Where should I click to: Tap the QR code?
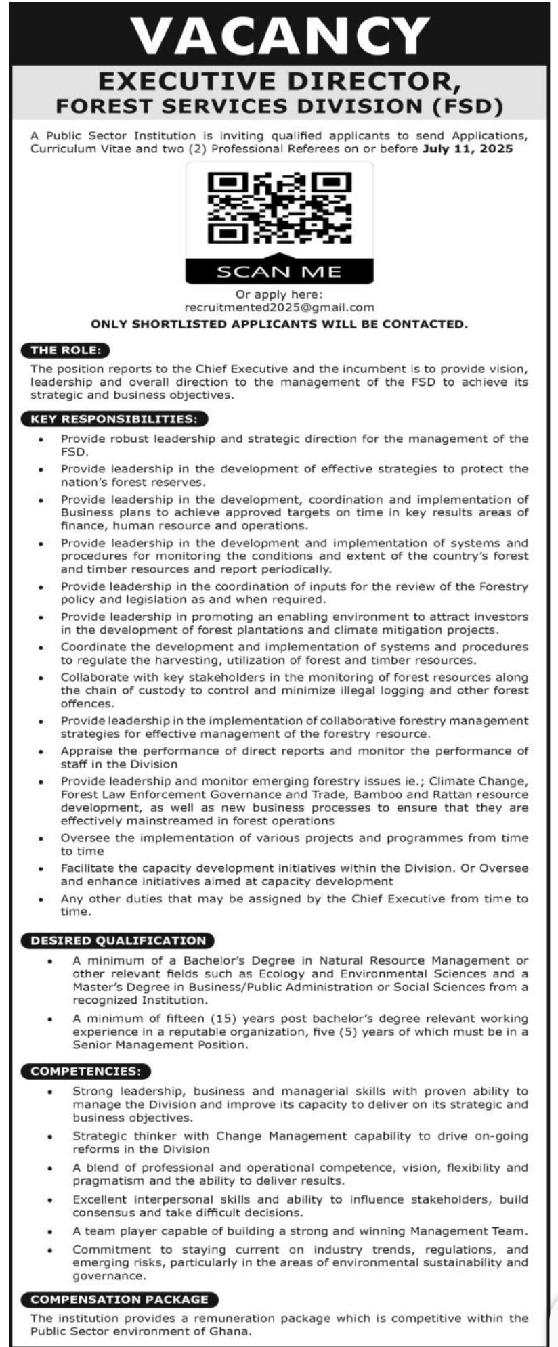279,208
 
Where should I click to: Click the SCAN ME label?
279,272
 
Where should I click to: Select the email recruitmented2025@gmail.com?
279,307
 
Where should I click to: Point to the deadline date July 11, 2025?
467,149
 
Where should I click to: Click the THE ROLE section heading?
66,350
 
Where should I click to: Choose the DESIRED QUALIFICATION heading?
118,940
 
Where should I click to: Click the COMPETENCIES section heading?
86,1071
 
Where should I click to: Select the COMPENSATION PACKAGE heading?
119,1299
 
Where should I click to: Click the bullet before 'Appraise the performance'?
41,751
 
